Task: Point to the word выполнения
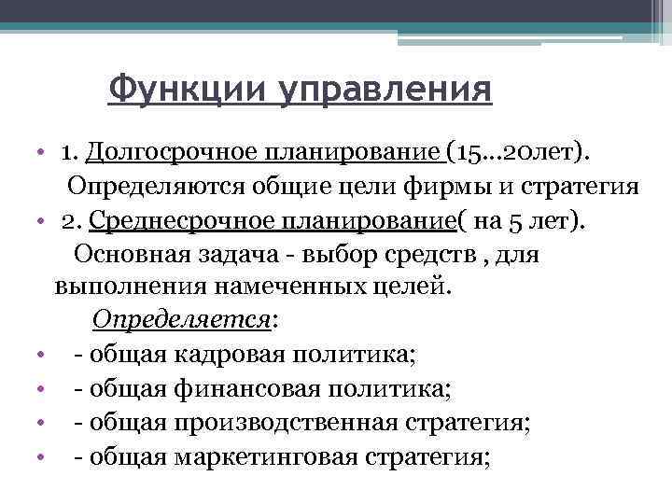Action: click(x=117, y=287)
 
